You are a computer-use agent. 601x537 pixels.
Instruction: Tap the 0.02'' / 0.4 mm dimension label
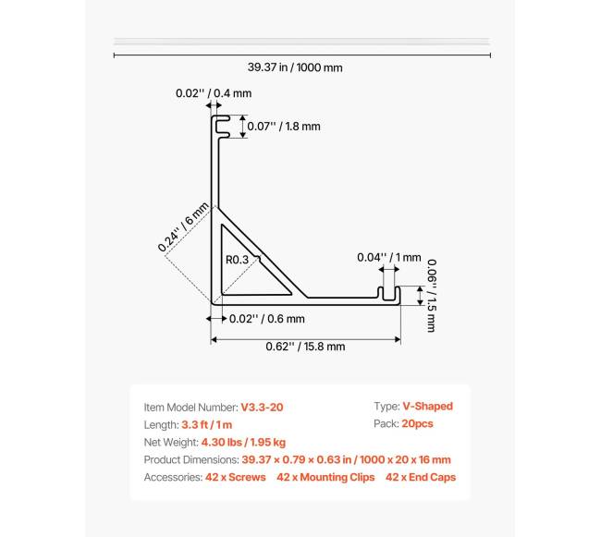coord(214,93)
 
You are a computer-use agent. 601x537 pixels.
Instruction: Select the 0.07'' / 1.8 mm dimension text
coord(283,127)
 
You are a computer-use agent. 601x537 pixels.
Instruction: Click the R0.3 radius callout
coord(237,260)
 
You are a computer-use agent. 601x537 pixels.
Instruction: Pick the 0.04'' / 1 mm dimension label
coord(388,258)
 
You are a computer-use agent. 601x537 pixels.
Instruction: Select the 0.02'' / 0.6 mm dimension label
coord(267,319)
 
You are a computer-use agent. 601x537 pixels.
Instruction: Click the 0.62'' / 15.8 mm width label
coord(305,347)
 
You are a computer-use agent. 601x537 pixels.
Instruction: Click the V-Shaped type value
coord(427,407)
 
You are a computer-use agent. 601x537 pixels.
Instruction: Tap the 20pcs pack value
coord(417,424)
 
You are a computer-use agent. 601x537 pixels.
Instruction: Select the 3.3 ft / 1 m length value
coord(206,424)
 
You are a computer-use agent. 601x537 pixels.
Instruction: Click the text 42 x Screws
coord(236,478)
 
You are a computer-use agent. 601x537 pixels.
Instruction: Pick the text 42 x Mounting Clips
coord(325,478)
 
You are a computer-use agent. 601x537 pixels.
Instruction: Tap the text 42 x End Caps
coord(421,478)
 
